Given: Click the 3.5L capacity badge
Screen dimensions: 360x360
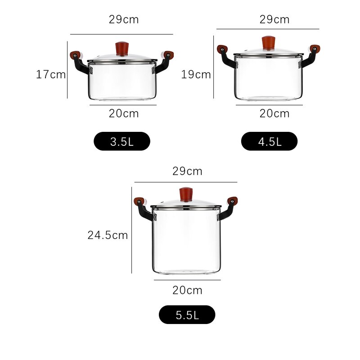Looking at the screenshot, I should pos(121,141).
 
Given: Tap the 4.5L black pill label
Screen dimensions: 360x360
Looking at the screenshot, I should pos(269,141).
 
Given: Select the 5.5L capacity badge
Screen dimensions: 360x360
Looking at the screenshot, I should pos(187,315).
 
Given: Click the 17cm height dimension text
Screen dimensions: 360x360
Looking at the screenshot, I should pos(51,75).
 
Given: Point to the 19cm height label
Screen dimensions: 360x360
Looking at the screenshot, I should pos(196,75).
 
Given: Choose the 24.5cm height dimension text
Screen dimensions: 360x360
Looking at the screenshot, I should pos(108,235).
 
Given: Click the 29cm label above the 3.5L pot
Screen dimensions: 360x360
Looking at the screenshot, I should pos(124,20).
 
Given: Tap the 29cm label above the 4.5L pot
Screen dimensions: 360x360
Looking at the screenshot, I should pos(274,20).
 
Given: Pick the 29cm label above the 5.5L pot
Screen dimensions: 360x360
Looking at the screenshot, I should pos(187,171).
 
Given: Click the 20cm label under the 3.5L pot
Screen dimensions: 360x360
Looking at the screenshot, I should pos(124,113).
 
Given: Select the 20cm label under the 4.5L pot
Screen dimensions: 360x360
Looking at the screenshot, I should pos(274,113).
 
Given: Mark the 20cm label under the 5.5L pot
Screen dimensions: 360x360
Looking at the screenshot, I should pos(187,290).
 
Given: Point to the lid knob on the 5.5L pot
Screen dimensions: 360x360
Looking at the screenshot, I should pos(186,194).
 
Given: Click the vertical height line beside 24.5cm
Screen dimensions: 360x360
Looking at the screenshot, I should pos(131,229).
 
